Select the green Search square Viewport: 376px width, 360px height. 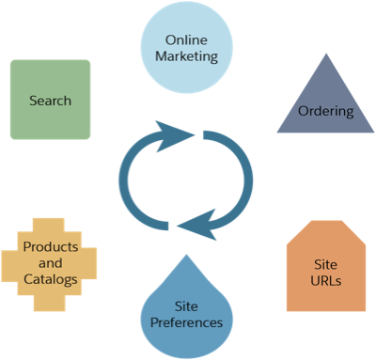[x=50, y=100]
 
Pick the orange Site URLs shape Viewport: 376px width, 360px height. [x=325, y=268]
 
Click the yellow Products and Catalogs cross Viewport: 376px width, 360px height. [x=50, y=254]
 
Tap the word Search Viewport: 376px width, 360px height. [x=50, y=101]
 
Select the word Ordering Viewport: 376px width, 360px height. [x=325, y=112]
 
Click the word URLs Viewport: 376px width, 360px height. [x=325, y=280]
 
